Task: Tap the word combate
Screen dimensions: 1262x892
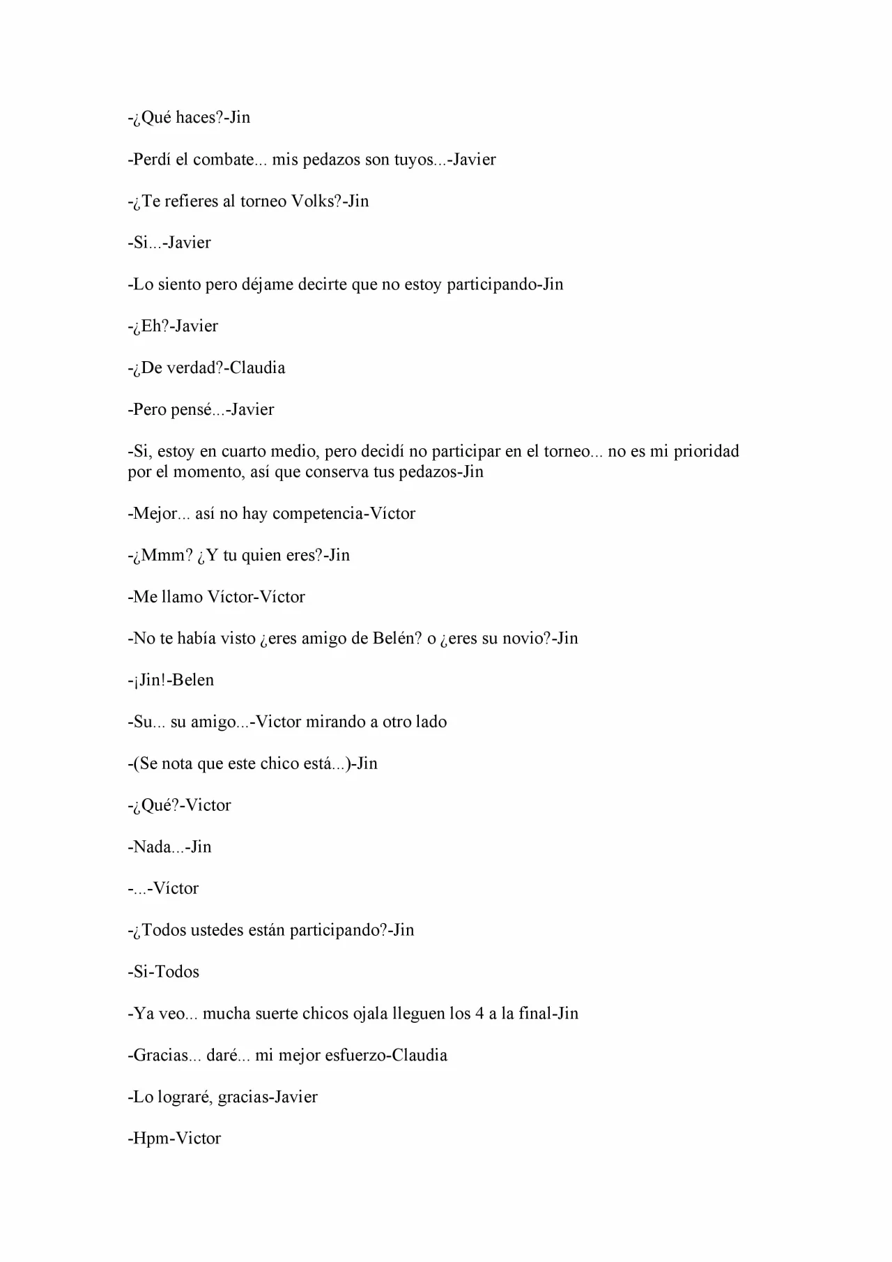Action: pyautogui.click(x=224, y=160)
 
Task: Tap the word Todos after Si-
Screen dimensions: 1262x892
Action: pyautogui.click(x=177, y=972)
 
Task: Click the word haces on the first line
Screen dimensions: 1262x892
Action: pyautogui.click(x=195, y=118)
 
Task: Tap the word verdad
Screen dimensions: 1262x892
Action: pyautogui.click(x=185, y=368)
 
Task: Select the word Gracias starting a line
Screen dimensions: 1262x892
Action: pyautogui.click(x=160, y=1056)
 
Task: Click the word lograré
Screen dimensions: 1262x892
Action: pyautogui.click(x=183, y=1097)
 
